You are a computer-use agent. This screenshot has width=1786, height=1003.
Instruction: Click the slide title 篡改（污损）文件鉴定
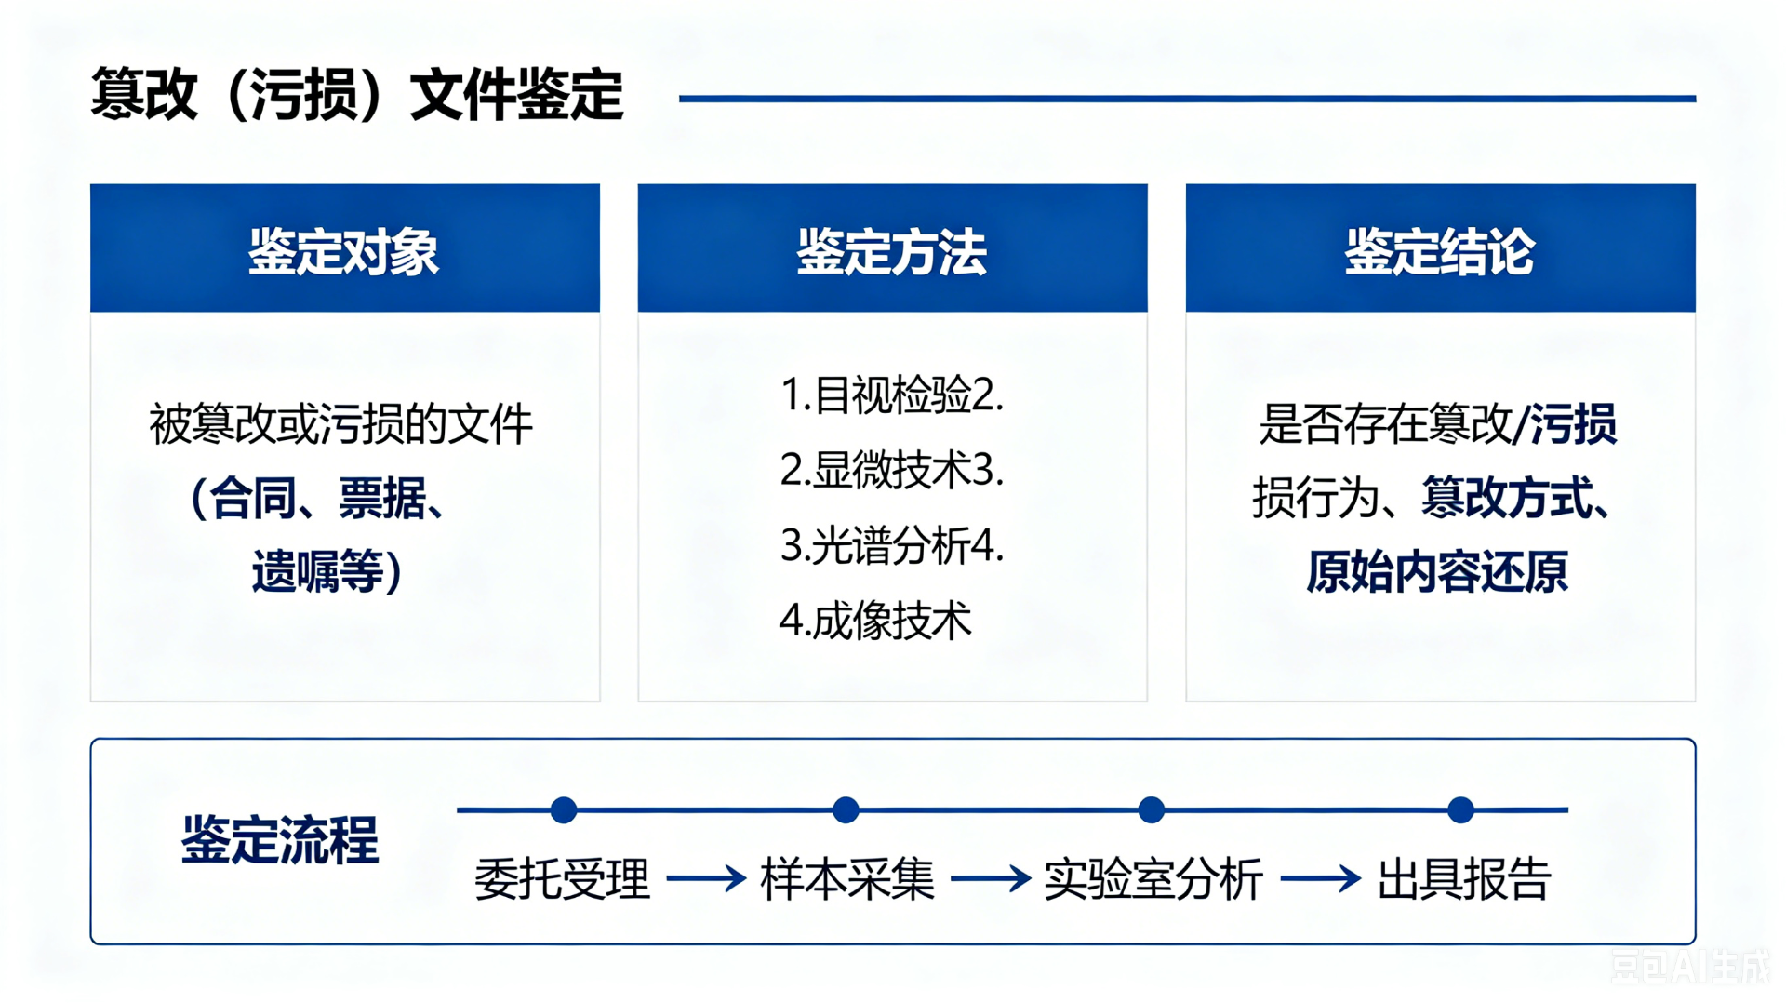(x=357, y=95)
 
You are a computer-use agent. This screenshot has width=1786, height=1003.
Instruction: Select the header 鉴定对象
(x=343, y=251)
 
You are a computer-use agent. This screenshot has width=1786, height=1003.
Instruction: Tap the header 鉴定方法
(x=891, y=251)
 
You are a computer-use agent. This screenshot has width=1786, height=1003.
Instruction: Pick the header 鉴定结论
(x=1439, y=251)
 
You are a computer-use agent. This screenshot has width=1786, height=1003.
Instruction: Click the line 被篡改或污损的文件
(x=341, y=424)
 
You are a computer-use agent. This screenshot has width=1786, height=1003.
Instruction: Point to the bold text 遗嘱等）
(x=327, y=571)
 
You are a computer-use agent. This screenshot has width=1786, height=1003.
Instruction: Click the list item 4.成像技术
(x=875, y=620)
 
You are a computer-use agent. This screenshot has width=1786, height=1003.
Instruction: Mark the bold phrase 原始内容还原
(x=1437, y=571)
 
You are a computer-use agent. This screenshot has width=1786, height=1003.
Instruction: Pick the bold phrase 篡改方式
(x=1507, y=498)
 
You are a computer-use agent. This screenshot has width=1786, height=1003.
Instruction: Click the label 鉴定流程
(x=280, y=840)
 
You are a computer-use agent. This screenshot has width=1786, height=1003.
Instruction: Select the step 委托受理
(x=562, y=879)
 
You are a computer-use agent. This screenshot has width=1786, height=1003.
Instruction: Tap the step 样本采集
(x=847, y=879)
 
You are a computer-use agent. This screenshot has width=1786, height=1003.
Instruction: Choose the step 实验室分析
(x=1153, y=879)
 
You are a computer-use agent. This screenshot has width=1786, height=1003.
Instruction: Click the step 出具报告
(x=1464, y=879)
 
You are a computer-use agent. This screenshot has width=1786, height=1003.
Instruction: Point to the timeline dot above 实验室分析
(x=1152, y=810)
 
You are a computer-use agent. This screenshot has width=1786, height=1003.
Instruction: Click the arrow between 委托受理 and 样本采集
(x=706, y=878)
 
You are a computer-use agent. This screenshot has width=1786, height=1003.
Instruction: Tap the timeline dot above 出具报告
(x=1461, y=810)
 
